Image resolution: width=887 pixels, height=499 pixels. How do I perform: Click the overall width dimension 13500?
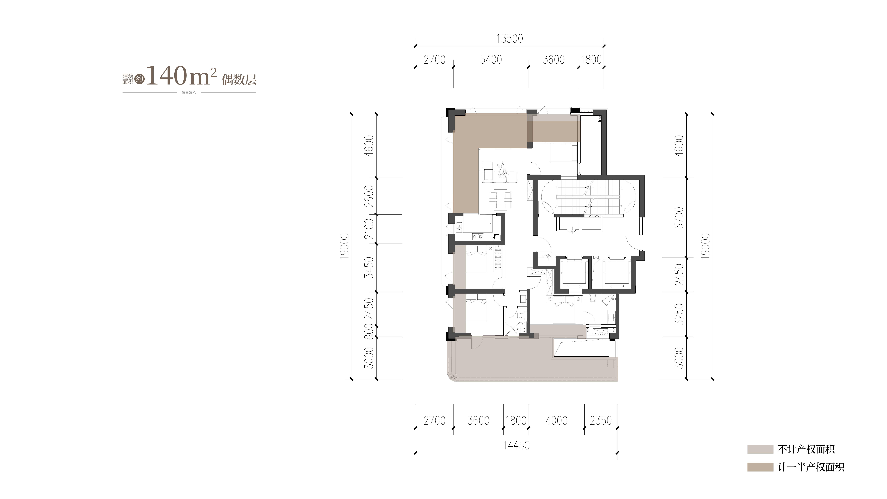click(510, 39)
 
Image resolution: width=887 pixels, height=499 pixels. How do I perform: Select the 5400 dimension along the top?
click(491, 60)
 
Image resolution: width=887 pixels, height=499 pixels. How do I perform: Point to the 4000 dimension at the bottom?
click(556, 420)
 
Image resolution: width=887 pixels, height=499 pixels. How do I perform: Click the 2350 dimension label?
click(601, 420)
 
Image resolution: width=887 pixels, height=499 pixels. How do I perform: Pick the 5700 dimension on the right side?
click(679, 218)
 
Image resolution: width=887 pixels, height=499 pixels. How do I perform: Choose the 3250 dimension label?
click(679, 314)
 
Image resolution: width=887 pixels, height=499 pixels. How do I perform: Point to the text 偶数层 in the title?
click(239, 80)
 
